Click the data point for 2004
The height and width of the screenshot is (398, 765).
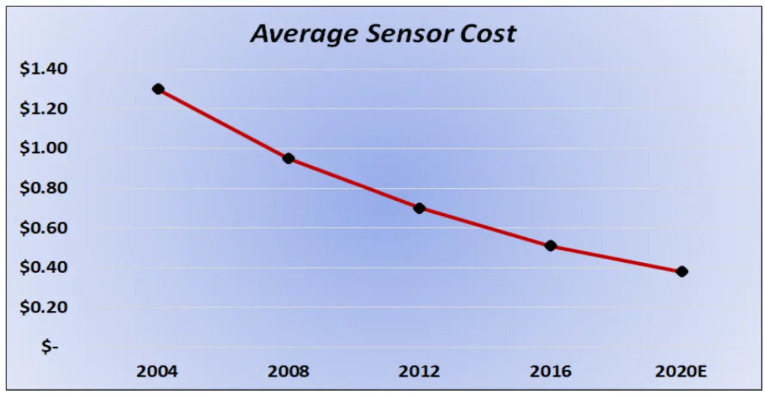click(x=158, y=89)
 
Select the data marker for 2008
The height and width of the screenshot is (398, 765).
click(x=288, y=158)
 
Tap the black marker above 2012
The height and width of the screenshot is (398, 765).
click(x=419, y=208)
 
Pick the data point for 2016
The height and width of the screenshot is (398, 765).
click(x=550, y=246)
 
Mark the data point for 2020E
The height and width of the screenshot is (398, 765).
click(x=681, y=271)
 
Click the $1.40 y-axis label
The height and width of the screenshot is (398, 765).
click(x=44, y=69)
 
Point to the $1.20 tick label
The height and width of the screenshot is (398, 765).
click(x=44, y=109)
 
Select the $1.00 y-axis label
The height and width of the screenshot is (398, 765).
click(x=44, y=149)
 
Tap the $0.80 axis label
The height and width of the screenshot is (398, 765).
click(x=44, y=188)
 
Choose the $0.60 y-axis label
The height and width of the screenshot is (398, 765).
click(x=44, y=228)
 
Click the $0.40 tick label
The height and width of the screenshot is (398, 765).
click(x=44, y=268)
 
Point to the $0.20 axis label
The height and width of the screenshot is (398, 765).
click(x=44, y=307)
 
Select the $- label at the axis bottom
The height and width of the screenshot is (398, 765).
click(x=50, y=347)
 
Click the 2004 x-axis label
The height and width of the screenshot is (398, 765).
click(x=157, y=372)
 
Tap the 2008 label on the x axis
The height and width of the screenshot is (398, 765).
click(x=288, y=372)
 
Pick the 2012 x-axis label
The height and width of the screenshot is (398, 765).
click(x=419, y=372)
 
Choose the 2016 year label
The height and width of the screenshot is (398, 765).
click(x=550, y=372)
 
